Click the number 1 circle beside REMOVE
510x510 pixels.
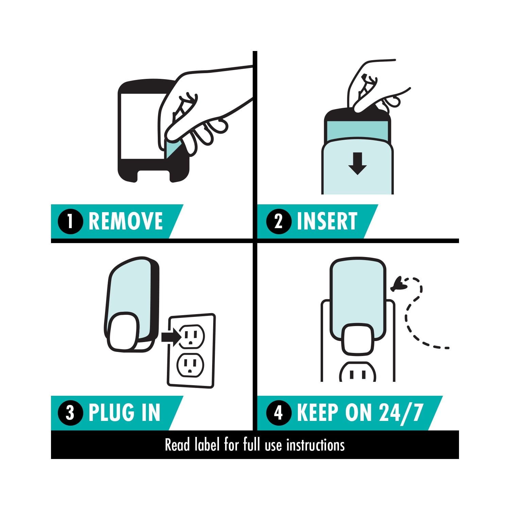tap(70, 221)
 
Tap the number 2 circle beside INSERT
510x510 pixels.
tap(279, 221)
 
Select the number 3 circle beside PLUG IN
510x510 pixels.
tap(70, 413)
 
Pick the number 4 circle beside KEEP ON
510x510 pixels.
tap(279, 413)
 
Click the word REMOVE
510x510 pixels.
tap(126, 221)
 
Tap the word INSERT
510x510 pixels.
tap(327, 221)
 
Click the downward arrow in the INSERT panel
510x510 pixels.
tap(357, 164)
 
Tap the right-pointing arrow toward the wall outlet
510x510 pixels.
tap(172, 337)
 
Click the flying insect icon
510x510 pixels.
tap(396, 285)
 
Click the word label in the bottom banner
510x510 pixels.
tap(207, 445)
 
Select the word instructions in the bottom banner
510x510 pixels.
tap(315, 445)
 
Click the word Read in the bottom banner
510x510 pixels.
tap(177, 445)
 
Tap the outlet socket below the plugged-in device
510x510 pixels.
tap(357, 372)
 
